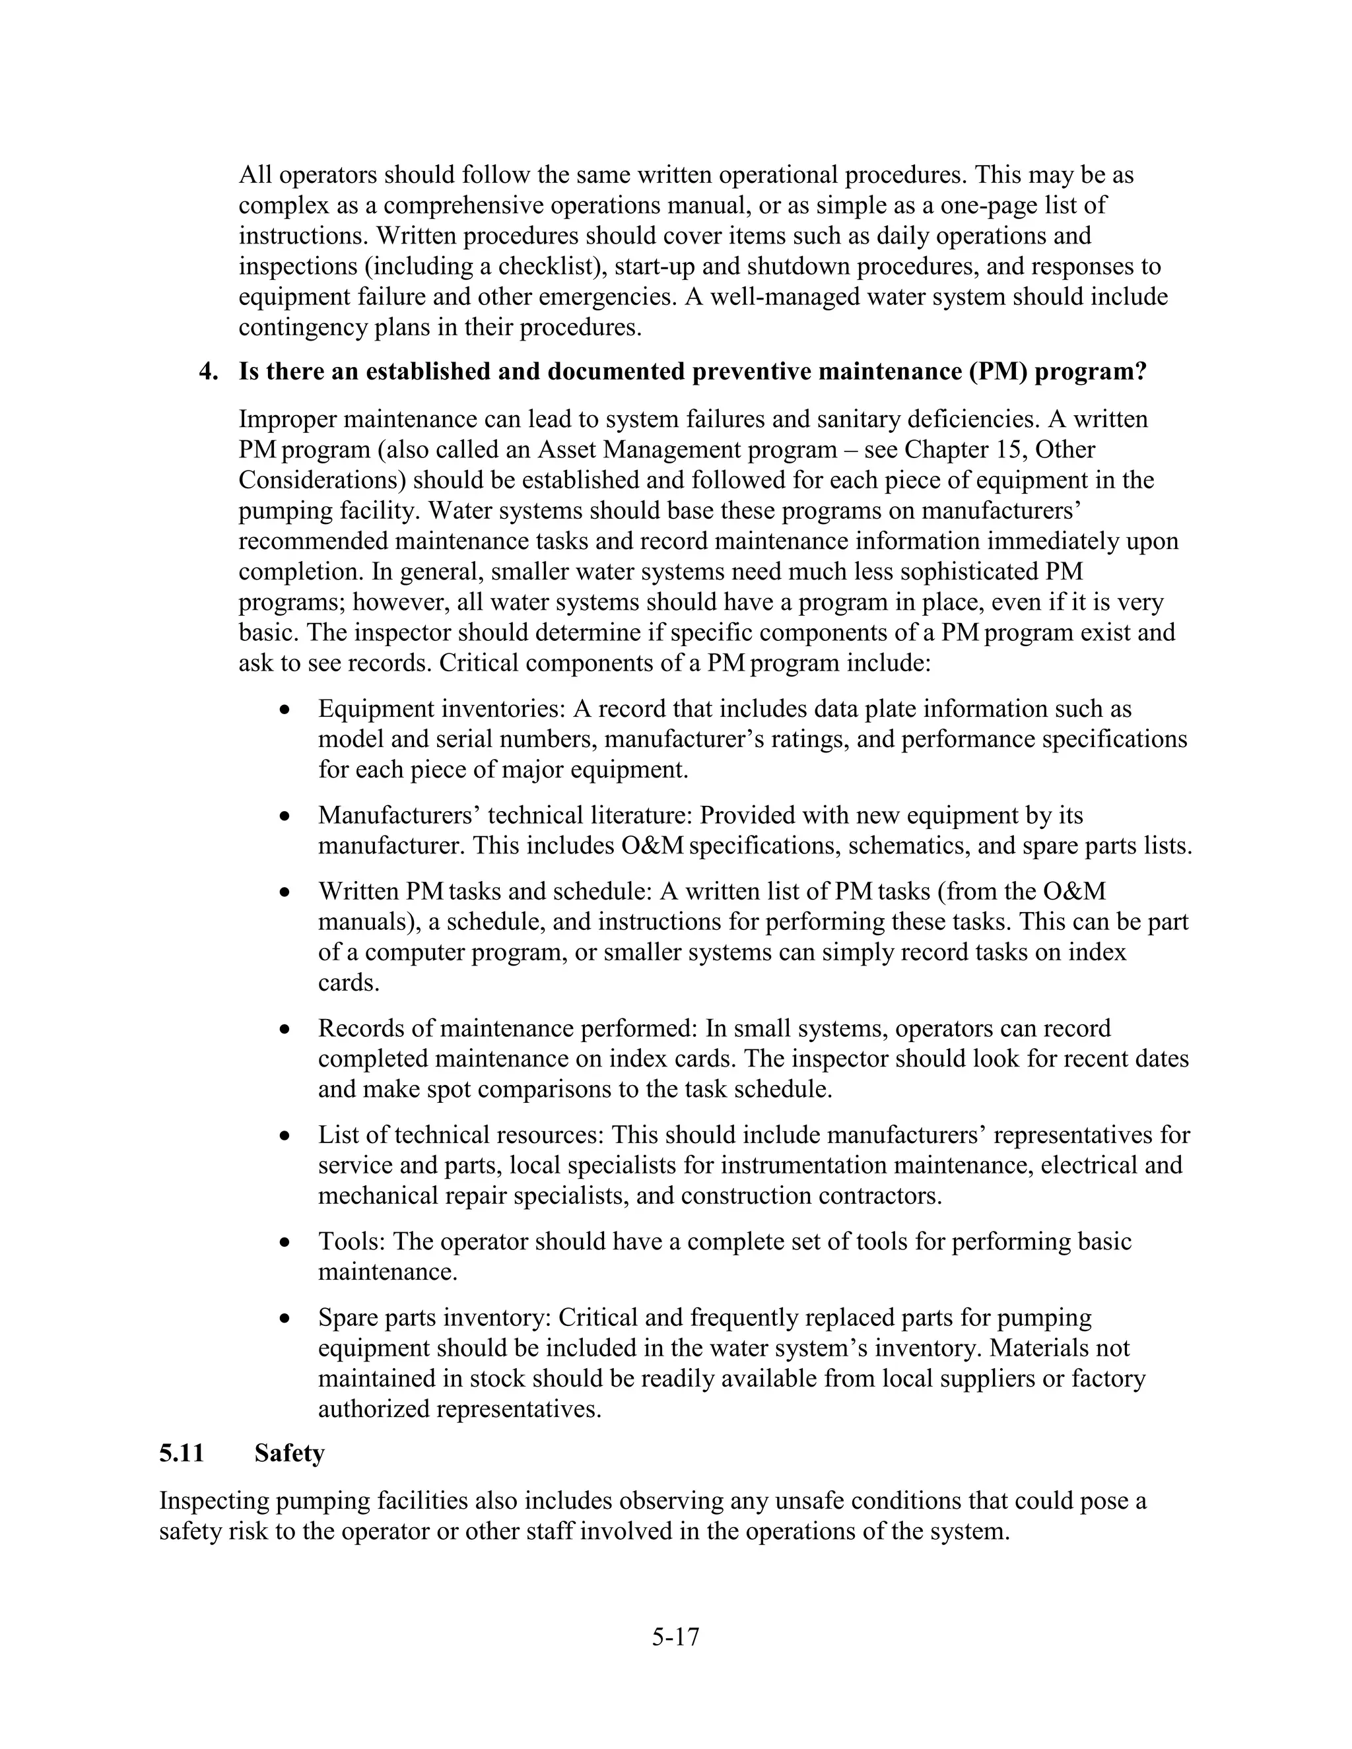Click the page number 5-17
point(675,1637)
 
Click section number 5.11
point(182,1453)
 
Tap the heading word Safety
point(289,1453)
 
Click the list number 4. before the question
point(208,372)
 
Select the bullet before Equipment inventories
point(285,710)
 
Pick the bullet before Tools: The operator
point(285,1243)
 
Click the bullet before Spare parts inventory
point(285,1319)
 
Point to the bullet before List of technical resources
point(285,1137)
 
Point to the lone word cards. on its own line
point(349,983)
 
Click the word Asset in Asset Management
point(568,450)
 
